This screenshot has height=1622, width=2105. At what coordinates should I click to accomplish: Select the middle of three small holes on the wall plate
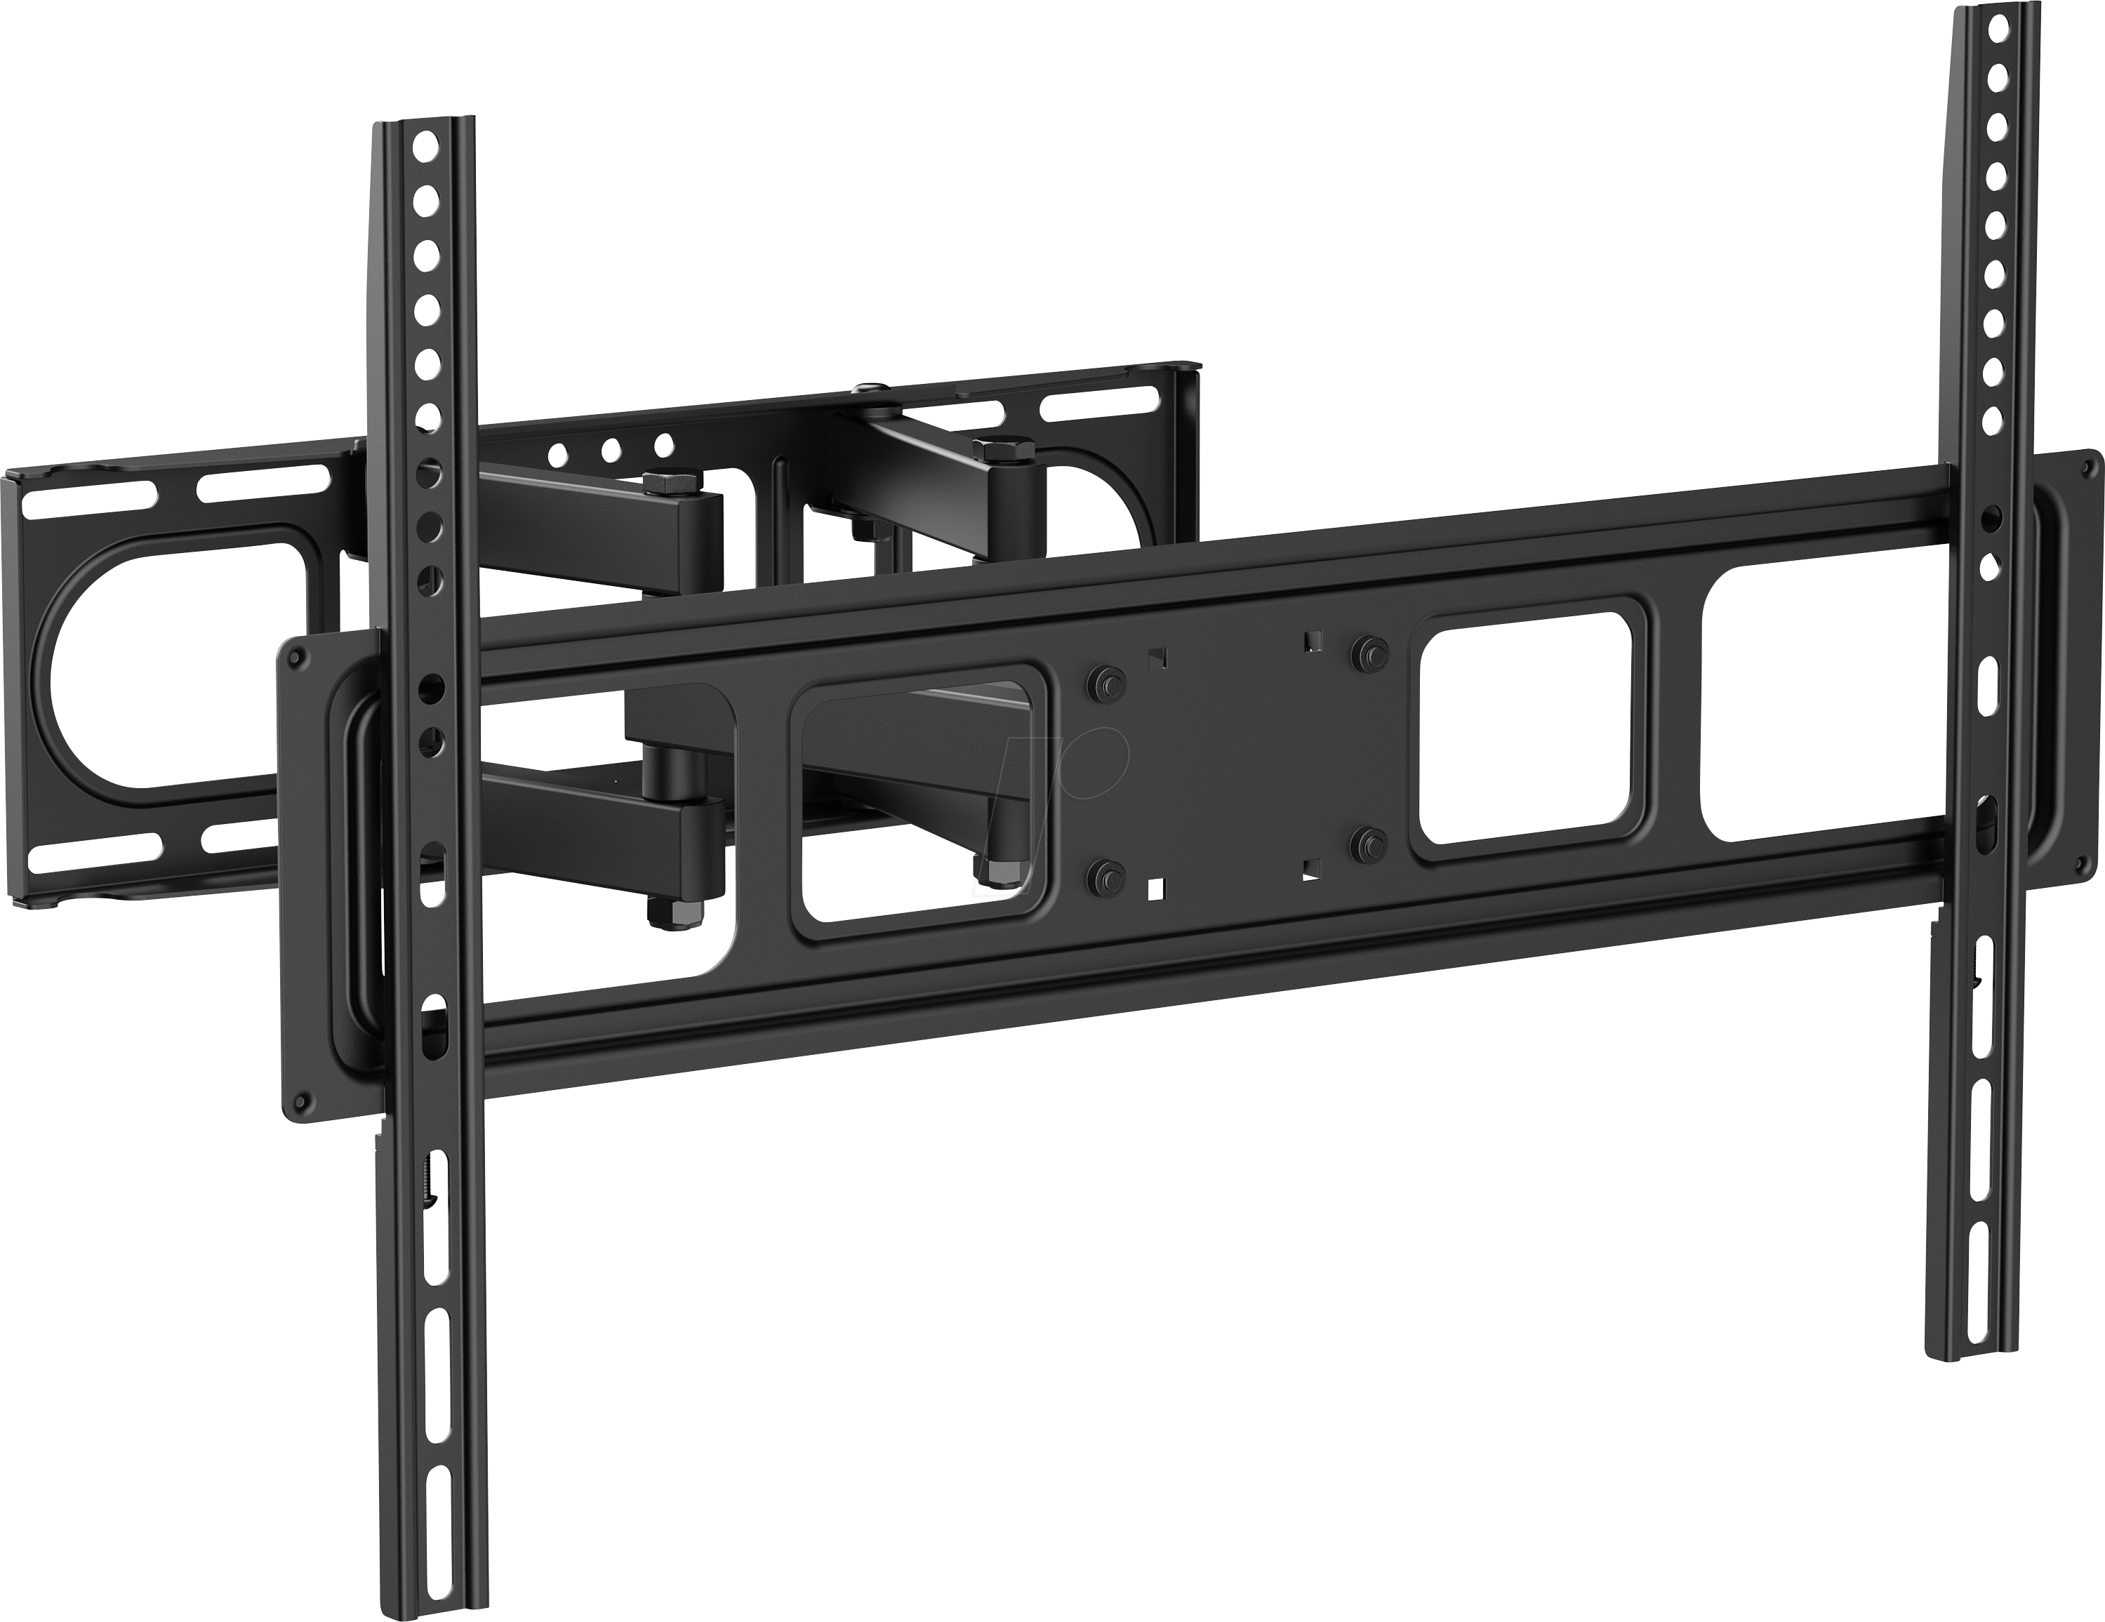[609, 449]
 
